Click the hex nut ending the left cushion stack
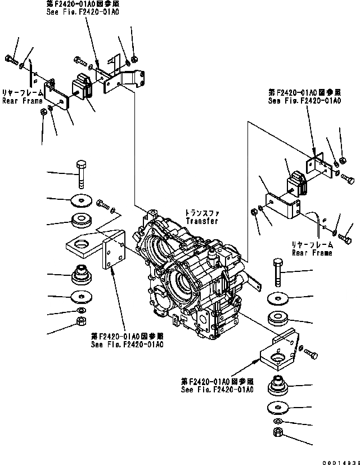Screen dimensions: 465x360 tap(80, 322)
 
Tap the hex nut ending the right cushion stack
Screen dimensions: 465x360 tap(277, 432)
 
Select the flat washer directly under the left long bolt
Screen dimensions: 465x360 tap(82, 199)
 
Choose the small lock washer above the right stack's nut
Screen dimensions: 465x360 tap(277, 422)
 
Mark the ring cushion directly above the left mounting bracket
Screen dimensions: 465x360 tap(82, 220)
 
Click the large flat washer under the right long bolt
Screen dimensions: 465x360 tap(277, 298)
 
